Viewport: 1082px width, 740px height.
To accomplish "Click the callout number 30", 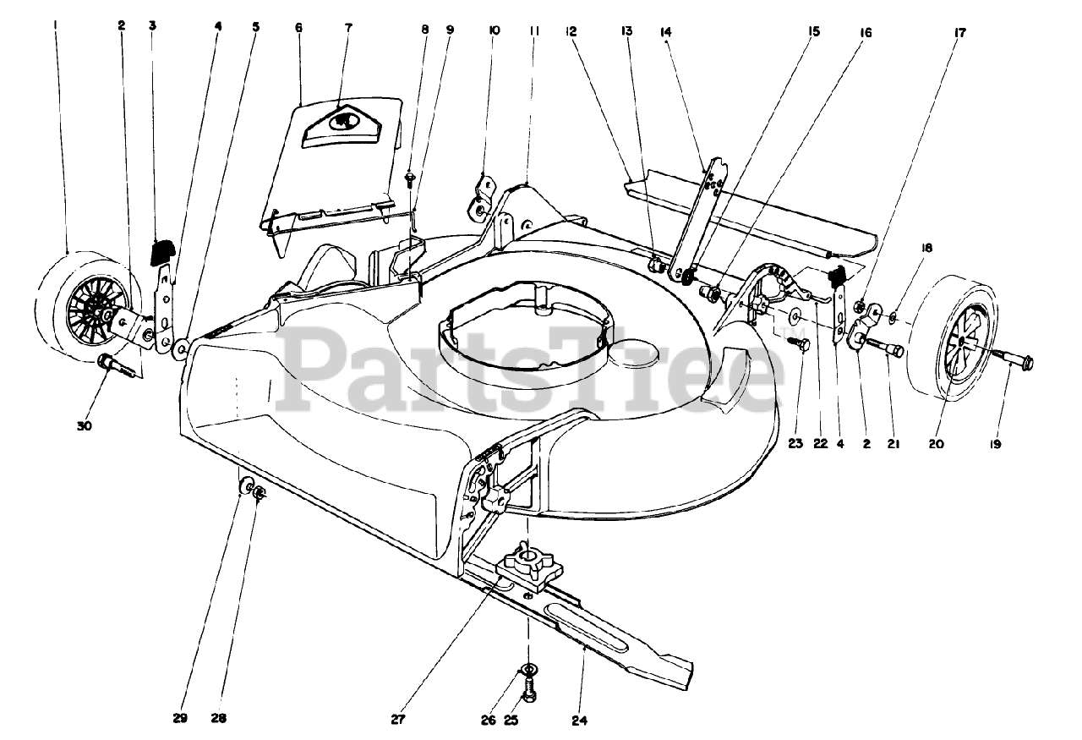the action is pos(84,426).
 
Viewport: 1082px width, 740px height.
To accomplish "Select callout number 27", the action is pos(397,721).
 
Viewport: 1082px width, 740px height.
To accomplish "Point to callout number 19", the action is pos(995,442).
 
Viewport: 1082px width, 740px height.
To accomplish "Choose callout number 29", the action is pos(179,719).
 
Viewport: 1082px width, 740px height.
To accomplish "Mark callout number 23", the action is pos(795,442).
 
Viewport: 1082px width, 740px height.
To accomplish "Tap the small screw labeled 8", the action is pos(410,178).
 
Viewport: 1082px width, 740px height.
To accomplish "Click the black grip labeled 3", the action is pos(161,250).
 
